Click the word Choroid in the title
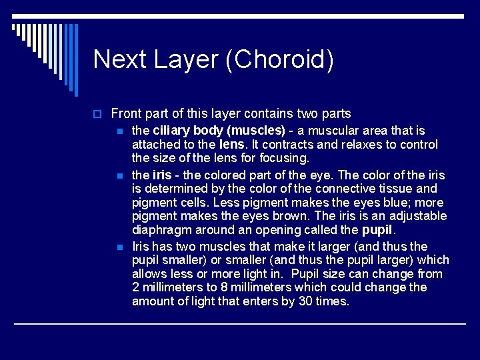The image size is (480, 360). (279, 59)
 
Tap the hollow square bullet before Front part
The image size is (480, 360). (97, 114)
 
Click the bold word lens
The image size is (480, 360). (231, 145)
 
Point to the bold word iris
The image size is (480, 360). (162, 175)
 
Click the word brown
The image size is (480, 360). (292, 216)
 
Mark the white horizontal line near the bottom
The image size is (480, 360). (240, 324)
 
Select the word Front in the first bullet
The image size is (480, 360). (127, 114)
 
